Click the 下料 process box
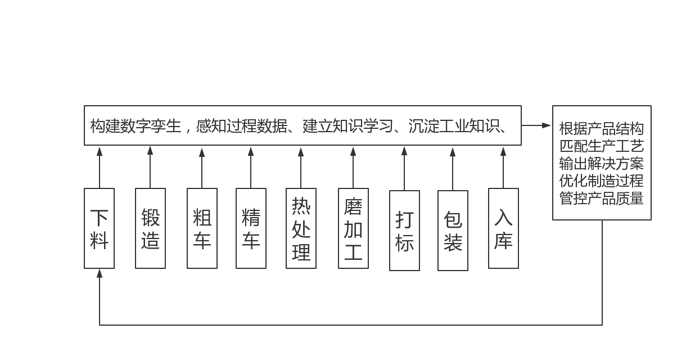pos(99,228)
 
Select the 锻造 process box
pos(150,228)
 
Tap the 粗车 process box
pos(202,228)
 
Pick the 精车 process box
pos(251,228)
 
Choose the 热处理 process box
pos(301,228)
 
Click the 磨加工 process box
pos(353,228)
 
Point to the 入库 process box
pos(503,228)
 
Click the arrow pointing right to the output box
pos(536,125)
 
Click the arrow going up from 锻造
pos(150,167)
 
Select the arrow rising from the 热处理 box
pos(301,167)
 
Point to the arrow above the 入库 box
pos(503,167)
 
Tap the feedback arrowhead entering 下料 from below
pos(100,274)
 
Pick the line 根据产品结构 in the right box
pos(602,129)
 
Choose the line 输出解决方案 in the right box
pos(602,164)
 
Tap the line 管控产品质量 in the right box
pos(602,199)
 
